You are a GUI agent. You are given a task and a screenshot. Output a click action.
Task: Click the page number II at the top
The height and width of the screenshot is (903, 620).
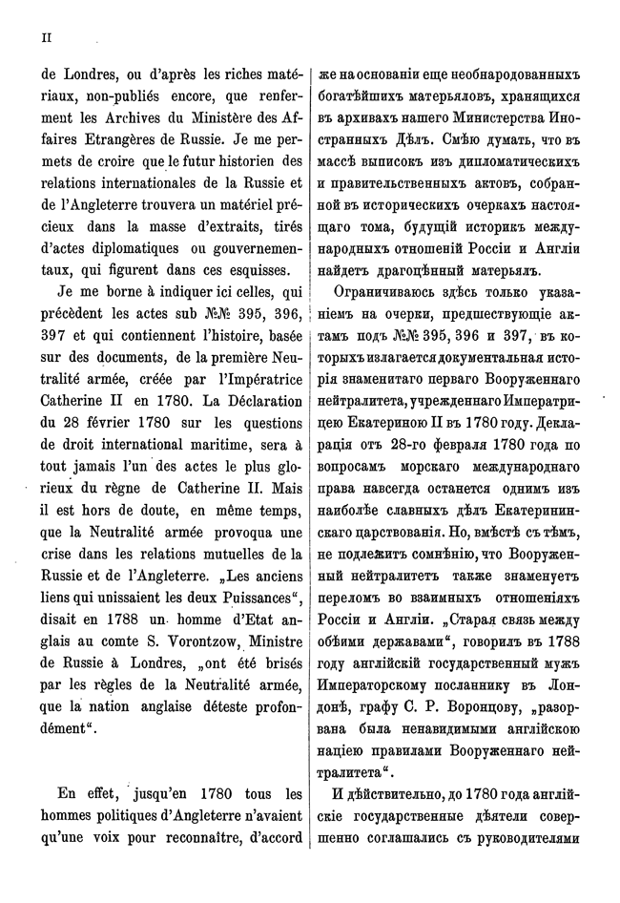point(44,37)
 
